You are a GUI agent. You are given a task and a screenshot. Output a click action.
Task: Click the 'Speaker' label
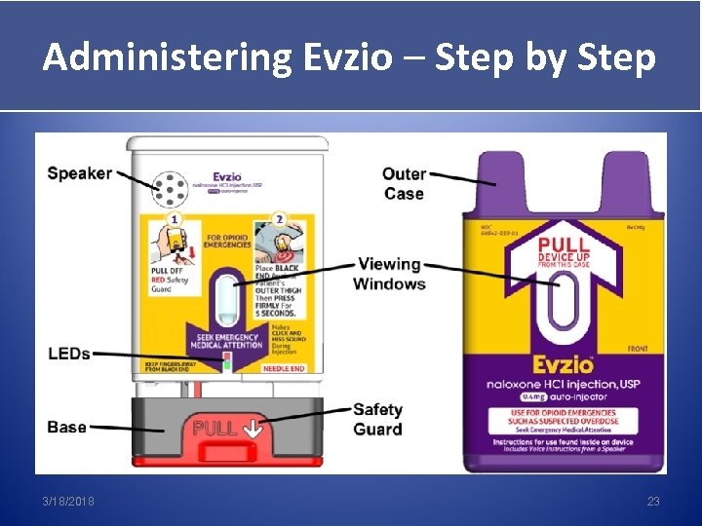coord(79,173)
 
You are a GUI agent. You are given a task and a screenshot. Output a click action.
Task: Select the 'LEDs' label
coord(68,353)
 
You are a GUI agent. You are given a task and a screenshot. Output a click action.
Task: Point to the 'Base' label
coord(66,428)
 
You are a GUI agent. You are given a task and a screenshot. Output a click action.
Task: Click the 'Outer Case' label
coord(404,183)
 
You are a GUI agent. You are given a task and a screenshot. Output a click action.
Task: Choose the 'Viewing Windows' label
coord(389,274)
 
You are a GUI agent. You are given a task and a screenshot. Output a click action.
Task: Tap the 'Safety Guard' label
coord(377,420)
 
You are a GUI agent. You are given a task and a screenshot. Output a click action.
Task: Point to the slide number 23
coord(653,501)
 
